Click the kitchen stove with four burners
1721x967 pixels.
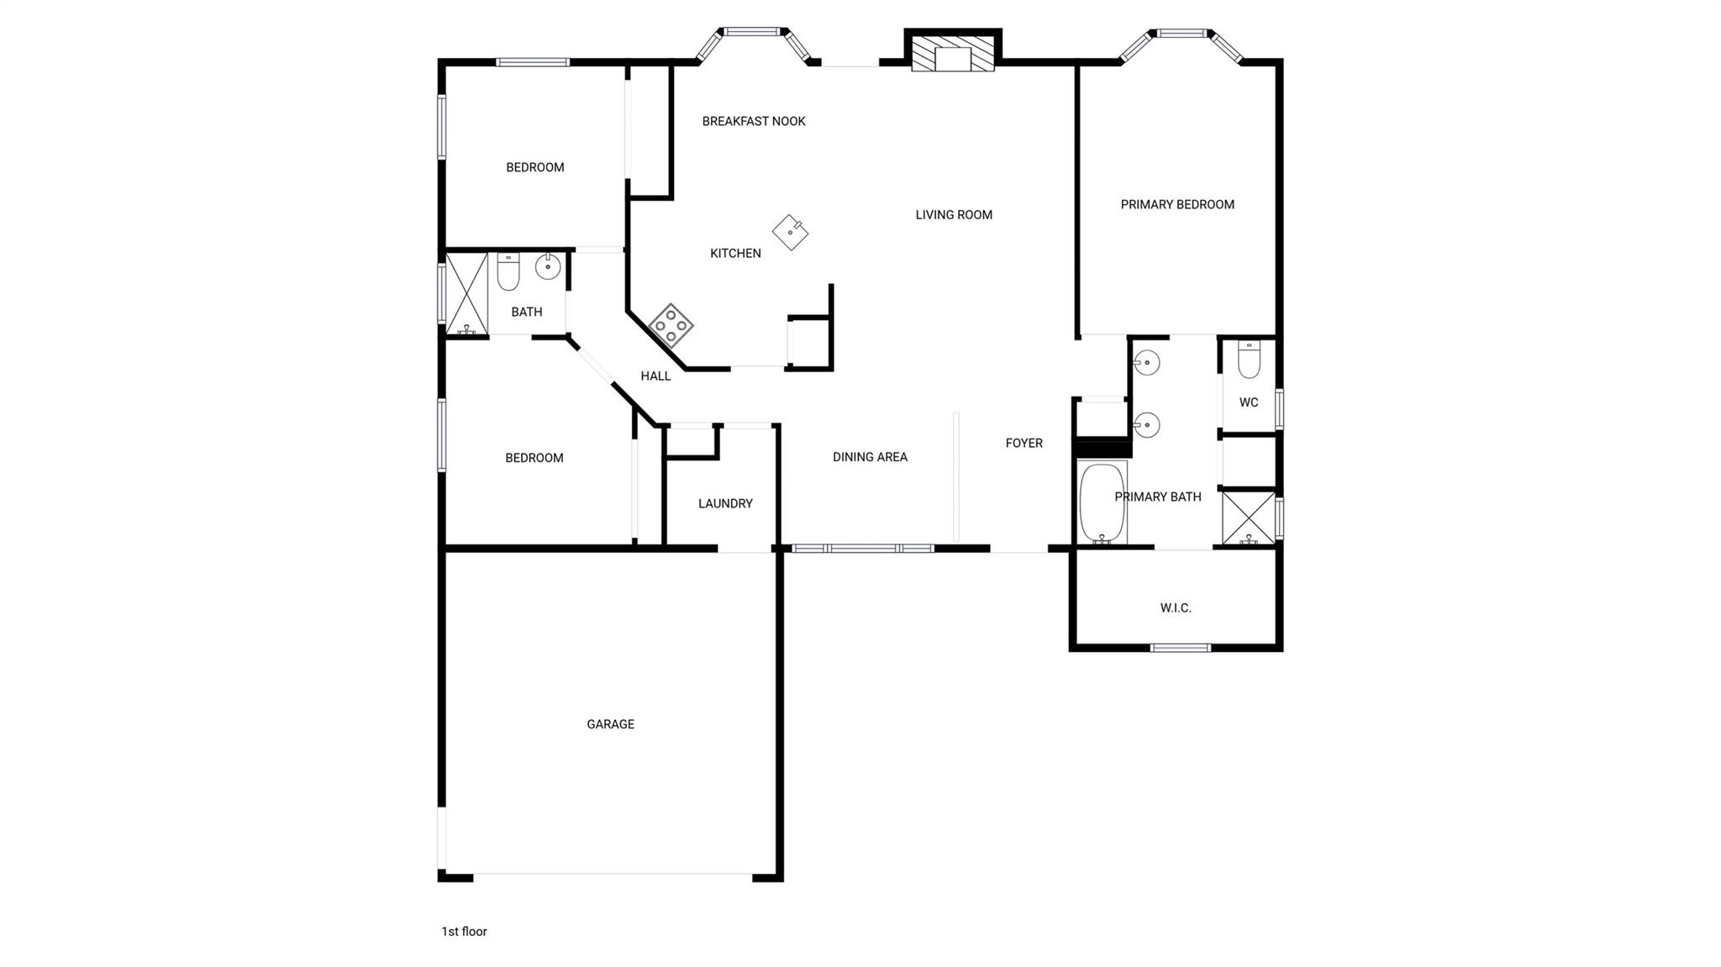(x=671, y=325)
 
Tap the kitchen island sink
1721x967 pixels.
(x=790, y=232)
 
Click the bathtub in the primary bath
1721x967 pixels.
(x=1102, y=502)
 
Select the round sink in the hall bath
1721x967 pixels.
(x=548, y=267)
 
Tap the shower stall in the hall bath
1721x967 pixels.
(x=466, y=294)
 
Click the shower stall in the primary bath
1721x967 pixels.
(x=1249, y=518)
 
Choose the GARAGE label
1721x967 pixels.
(x=610, y=724)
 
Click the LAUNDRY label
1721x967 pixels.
(x=725, y=503)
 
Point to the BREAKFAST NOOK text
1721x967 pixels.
(x=754, y=121)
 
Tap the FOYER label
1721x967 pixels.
(x=1024, y=443)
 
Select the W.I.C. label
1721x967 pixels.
(x=1176, y=607)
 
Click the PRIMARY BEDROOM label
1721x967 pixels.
(x=1177, y=204)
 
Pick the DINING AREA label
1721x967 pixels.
(x=870, y=457)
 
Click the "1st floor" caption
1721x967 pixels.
(x=464, y=931)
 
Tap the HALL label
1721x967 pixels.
(x=655, y=376)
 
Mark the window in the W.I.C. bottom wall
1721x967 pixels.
(x=1180, y=648)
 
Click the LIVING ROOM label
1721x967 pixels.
(x=954, y=214)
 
